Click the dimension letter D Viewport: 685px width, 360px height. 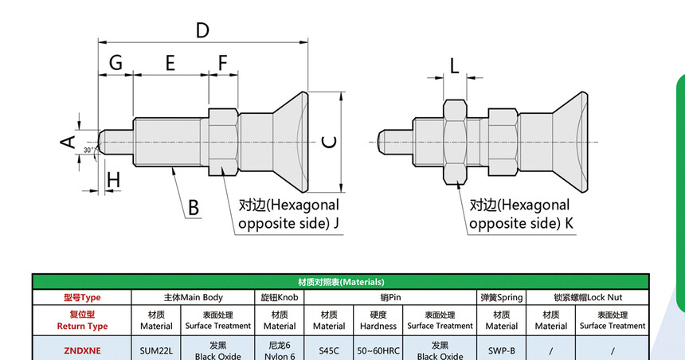pos(202,30)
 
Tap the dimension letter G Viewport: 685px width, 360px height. pos(116,63)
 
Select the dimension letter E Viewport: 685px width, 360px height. pos(170,63)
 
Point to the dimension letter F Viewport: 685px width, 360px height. pos(223,63)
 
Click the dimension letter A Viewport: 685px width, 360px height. pos(68,142)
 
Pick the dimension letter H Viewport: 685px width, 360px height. pos(113,180)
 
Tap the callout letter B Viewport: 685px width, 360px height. pos(193,209)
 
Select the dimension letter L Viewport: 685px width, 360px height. pos(454,66)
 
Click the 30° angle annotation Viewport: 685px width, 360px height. pos(89,149)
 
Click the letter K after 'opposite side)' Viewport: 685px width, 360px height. pos(569,223)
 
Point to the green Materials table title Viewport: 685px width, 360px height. pos(341,282)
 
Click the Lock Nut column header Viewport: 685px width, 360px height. pos(588,297)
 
